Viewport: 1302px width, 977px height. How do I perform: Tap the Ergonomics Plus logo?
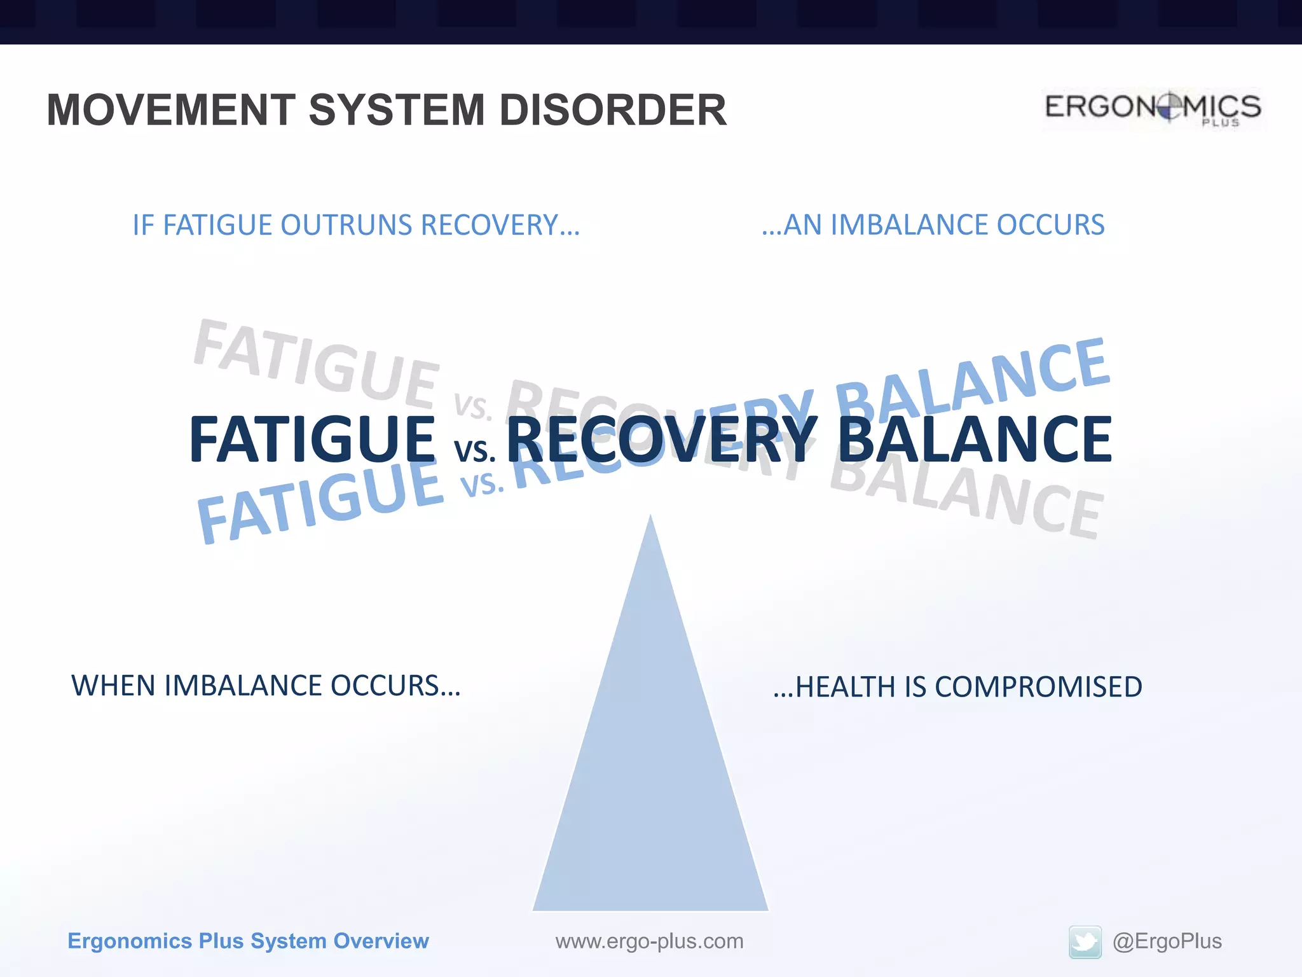click(1153, 108)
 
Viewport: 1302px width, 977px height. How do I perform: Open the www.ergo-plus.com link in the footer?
click(649, 941)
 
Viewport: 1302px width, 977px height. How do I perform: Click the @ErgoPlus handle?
click(1167, 941)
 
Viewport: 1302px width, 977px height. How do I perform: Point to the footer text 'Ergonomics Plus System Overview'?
click(248, 941)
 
